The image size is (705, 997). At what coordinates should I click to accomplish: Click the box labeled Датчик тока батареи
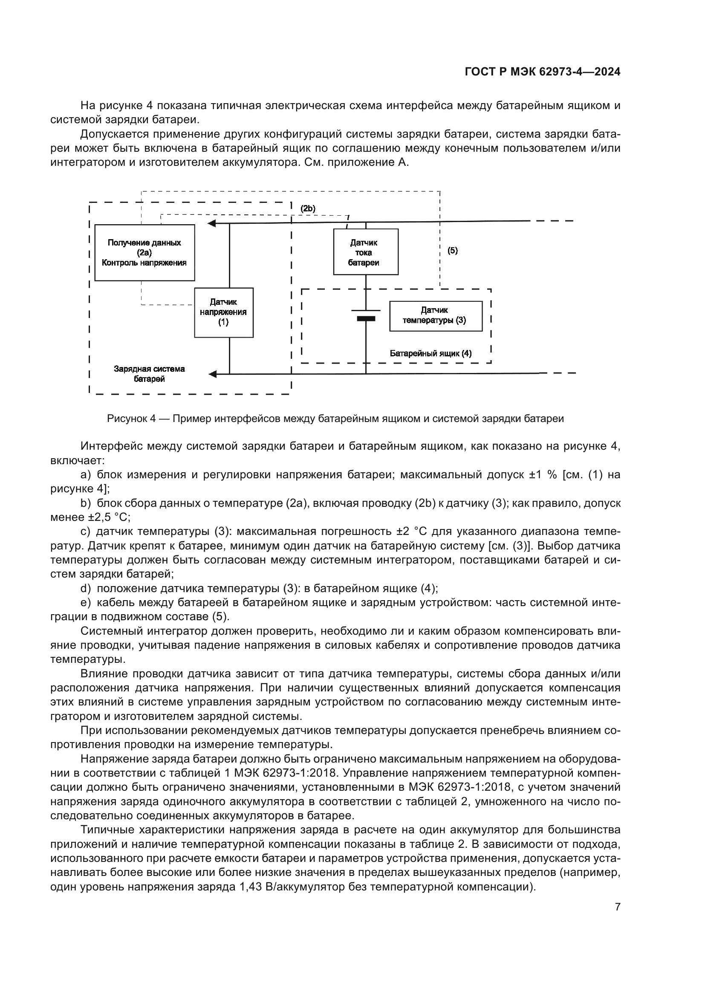(366, 252)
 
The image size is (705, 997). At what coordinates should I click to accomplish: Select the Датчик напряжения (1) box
(224, 312)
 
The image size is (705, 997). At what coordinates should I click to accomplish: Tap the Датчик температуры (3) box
(436, 316)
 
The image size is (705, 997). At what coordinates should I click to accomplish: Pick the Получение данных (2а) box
(144, 252)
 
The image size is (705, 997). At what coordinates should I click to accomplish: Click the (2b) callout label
(308, 209)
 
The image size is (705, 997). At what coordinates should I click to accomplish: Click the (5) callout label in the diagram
(452, 251)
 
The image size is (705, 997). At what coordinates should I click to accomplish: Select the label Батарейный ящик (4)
(430, 353)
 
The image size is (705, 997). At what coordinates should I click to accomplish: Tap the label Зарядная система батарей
(149, 374)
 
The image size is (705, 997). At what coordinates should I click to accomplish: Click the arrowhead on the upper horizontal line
(212, 224)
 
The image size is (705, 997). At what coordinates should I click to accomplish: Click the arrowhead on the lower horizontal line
(212, 374)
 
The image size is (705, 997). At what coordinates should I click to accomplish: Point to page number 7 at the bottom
(617, 907)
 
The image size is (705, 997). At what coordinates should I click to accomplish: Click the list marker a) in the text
(85, 474)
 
